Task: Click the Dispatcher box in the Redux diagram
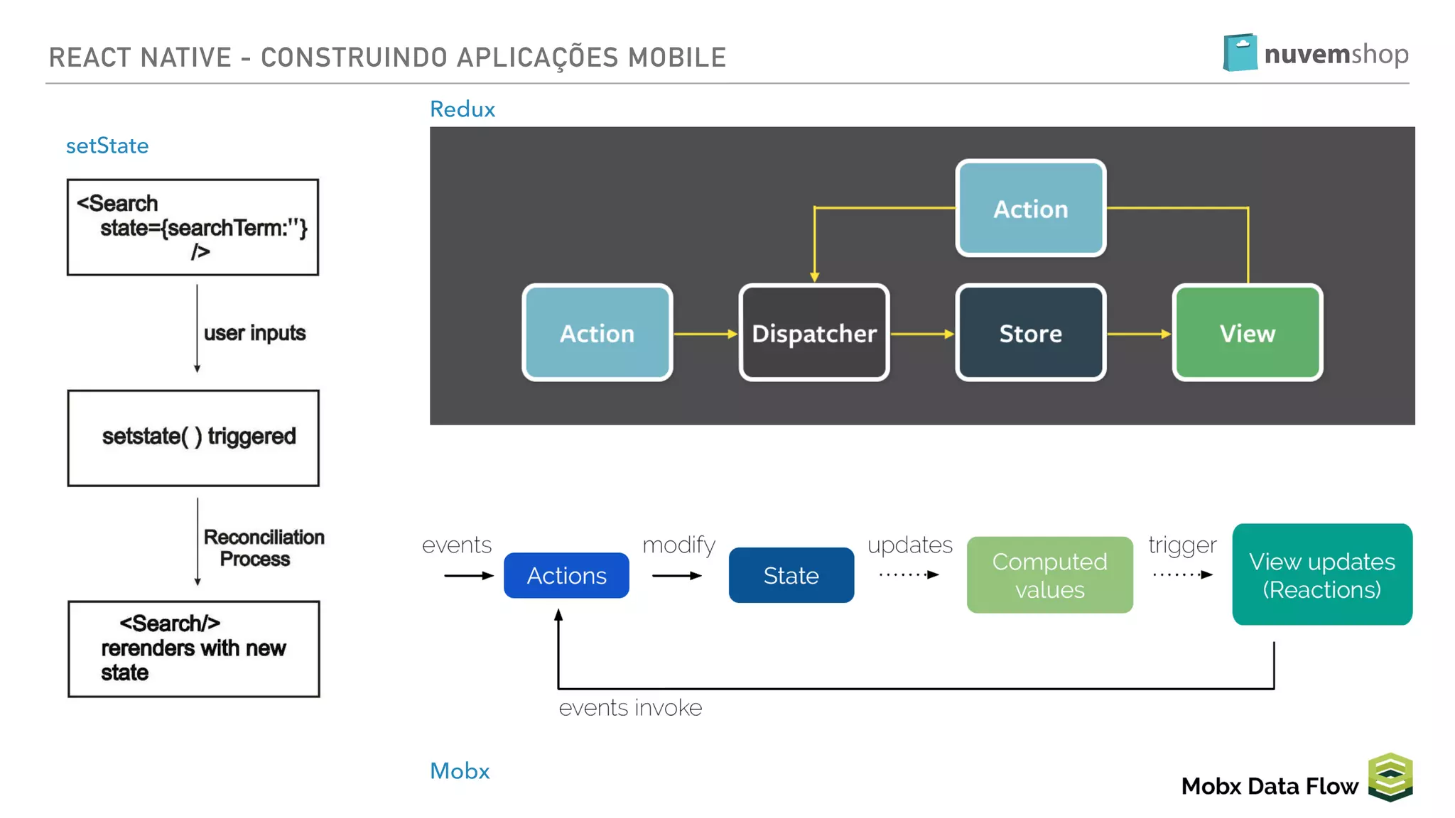tap(814, 333)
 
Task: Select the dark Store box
tap(1030, 333)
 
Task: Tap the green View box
tap(1248, 333)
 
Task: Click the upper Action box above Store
tap(1030, 209)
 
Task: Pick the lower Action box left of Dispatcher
tap(597, 333)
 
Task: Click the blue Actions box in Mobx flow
tap(566, 575)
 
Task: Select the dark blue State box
tap(791, 575)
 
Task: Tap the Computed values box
tap(1049, 575)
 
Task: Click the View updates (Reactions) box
tap(1322, 574)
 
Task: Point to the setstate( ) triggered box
tap(193, 437)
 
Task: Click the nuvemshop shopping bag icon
tap(1240, 53)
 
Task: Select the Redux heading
tap(463, 109)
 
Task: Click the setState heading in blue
tap(107, 146)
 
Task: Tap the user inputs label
tap(254, 333)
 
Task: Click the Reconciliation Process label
tap(264, 547)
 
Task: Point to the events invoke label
tap(630, 708)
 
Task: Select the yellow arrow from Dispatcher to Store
tap(921, 334)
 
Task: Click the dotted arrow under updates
tap(909, 574)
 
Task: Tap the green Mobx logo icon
tap(1390, 777)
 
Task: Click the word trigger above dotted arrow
tap(1182, 545)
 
